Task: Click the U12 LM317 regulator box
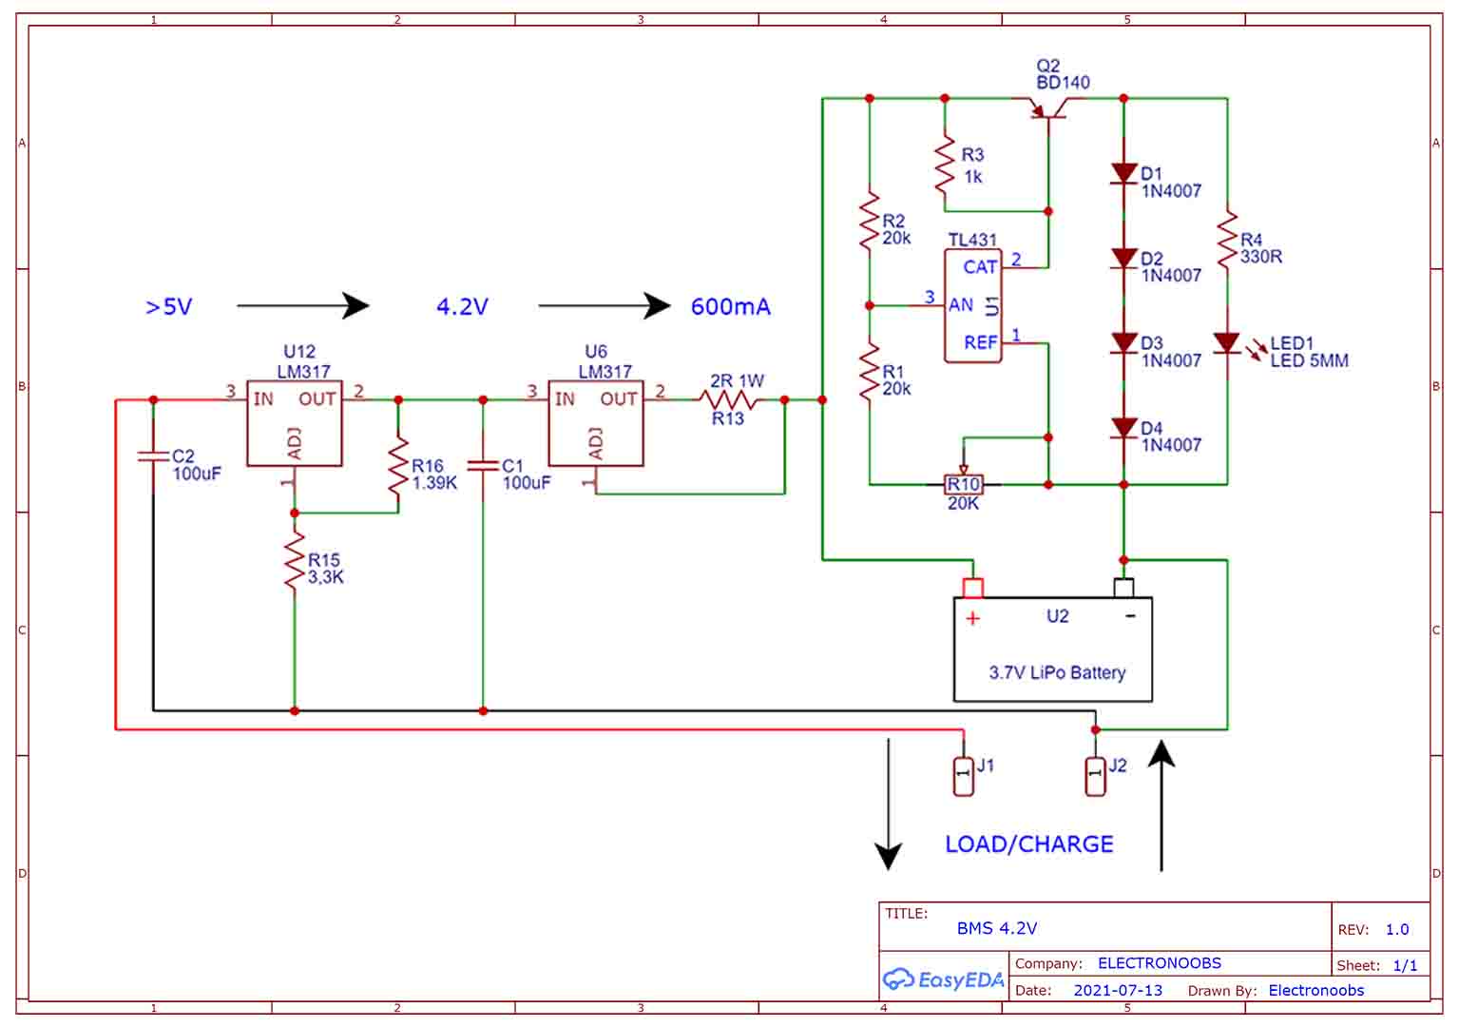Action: pos(294,423)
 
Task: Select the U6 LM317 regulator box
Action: pos(595,423)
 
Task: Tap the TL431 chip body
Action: pos(972,305)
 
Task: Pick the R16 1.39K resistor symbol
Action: pos(398,466)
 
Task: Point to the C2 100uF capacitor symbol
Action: pos(153,457)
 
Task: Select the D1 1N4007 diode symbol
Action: pos(1123,174)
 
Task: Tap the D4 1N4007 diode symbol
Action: pos(1123,429)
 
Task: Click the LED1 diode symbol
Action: pos(1227,343)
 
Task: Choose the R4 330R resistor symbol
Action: pos(1227,242)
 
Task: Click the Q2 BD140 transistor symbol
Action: pos(1049,107)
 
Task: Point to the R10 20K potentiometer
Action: pos(963,484)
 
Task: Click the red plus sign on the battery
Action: pos(972,619)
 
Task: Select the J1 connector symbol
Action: pos(963,776)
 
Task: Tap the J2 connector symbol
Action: pos(1095,776)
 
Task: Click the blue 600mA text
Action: pos(730,307)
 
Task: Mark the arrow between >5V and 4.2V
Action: pos(302,305)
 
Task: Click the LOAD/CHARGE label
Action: pos(1028,844)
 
